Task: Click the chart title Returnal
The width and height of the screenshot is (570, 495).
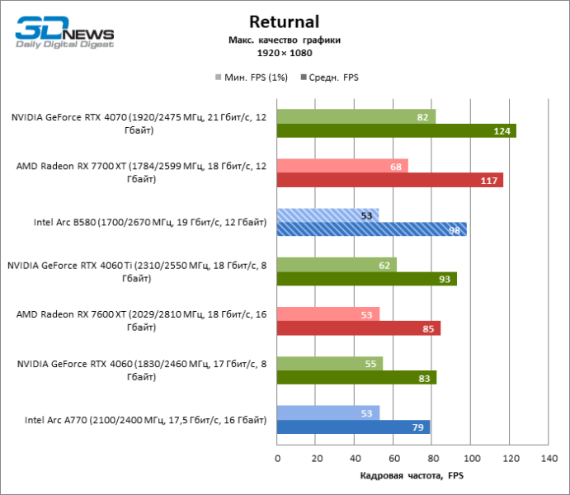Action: [x=284, y=21]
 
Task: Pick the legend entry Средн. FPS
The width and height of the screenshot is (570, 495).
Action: [x=333, y=78]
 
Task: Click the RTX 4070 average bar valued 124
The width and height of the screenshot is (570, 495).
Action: [x=396, y=130]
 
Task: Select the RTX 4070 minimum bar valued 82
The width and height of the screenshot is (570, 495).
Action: [x=356, y=117]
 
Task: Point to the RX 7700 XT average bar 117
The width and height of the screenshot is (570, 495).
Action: [x=389, y=180]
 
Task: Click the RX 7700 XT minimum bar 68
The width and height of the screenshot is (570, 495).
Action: [x=342, y=167]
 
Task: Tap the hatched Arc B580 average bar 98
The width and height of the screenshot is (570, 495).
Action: [x=371, y=229]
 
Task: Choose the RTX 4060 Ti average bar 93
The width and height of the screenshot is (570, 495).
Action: [x=366, y=279]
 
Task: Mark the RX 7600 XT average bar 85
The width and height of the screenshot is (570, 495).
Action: [x=359, y=328]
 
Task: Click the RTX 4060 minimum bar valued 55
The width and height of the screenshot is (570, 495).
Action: [x=330, y=365]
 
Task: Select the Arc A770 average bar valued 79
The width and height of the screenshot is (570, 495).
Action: [x=353, y=427]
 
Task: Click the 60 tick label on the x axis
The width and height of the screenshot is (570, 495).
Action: [x=393, y=457]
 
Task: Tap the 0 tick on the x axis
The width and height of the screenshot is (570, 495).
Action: [x=277, y=457]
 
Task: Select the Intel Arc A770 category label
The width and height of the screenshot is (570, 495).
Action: [x=145, y=421]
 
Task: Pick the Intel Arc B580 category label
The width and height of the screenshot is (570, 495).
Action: [x=149, y=223]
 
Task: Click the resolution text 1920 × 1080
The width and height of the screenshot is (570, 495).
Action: [x=284, y=53]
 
